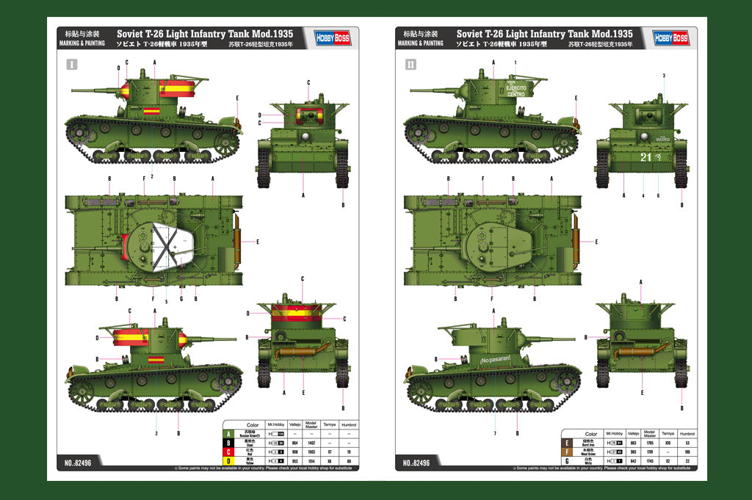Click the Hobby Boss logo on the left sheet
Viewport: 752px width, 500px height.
(333, 37)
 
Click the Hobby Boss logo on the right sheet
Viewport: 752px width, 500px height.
(671, 37)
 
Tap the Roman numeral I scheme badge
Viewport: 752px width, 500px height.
(71, 65)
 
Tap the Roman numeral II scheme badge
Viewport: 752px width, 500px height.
(411, 65)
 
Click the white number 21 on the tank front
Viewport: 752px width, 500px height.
(646, 157)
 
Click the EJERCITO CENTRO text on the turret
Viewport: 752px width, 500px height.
(516, 91)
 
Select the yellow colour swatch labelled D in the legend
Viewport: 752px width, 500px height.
(228, 461)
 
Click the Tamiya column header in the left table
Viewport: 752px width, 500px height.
(329, 425)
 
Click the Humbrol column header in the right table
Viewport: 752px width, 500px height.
(687, 434)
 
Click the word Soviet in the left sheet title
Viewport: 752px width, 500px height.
(130, 34)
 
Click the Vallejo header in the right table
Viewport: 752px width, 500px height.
(633, 434)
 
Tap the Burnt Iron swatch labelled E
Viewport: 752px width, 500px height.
(567, 443)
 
